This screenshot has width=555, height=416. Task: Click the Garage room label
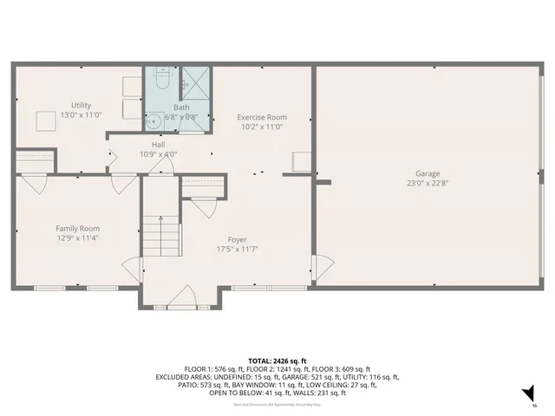(427, 173)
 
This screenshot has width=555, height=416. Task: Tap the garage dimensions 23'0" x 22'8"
(427, 183)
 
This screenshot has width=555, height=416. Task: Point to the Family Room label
(76, 228)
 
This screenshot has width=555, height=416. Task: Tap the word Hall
(159, 145)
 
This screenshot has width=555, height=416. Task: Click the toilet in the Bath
(162, 81)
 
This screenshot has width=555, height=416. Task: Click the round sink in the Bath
(153, 120)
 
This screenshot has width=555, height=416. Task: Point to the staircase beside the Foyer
(160, 234)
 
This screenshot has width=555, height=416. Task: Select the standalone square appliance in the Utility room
(45, 120)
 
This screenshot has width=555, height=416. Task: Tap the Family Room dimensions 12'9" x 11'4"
(76, 237)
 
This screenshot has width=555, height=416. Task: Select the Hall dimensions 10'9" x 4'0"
(159, 154)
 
